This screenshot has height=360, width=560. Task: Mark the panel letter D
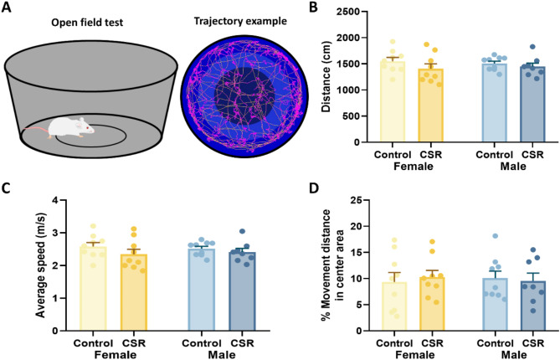coord(300,187)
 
